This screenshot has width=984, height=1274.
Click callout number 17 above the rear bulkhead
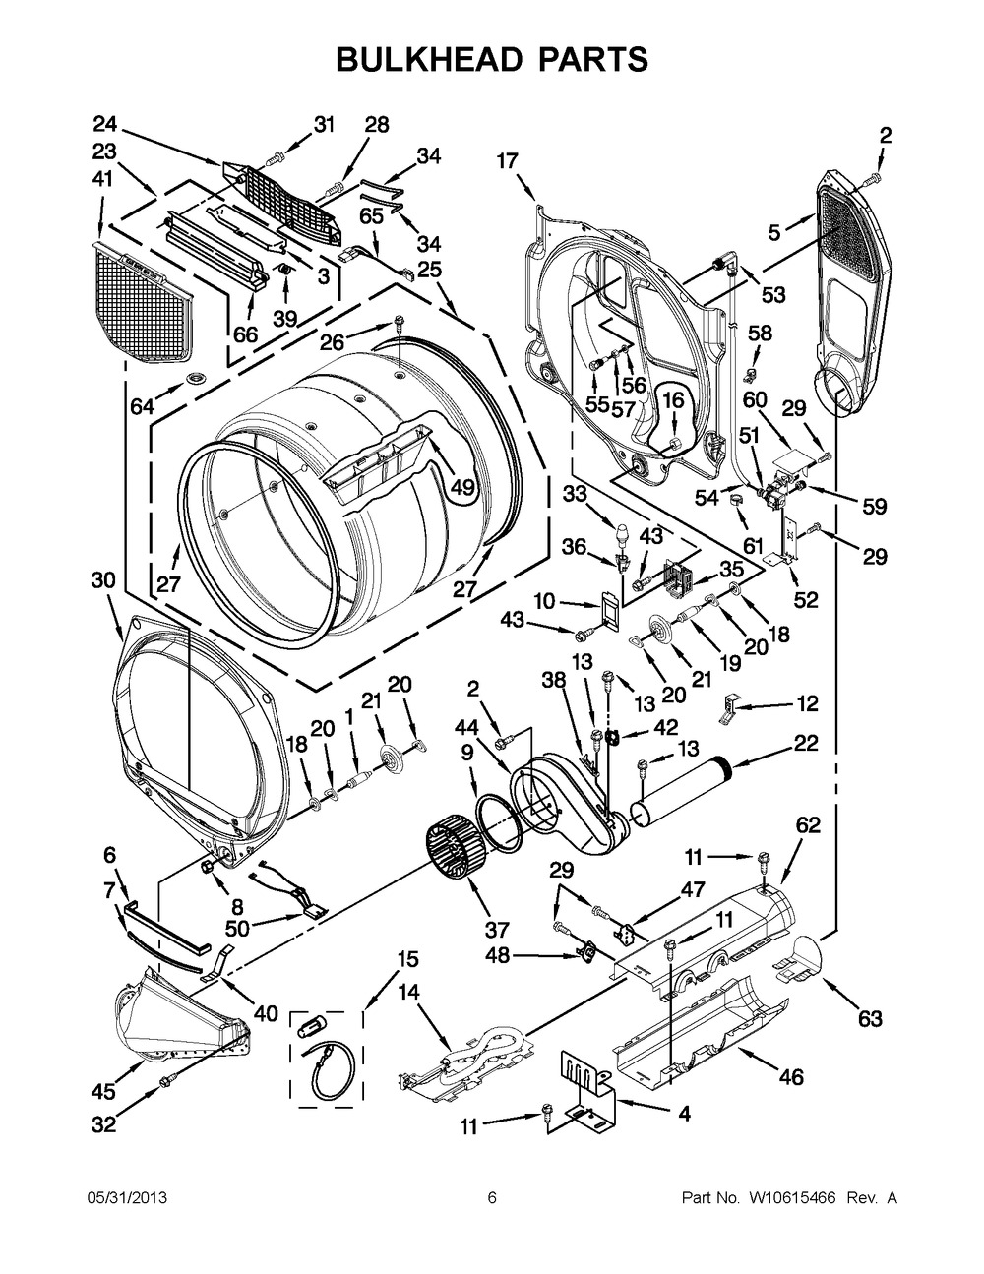point(507,160)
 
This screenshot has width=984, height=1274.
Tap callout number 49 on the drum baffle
point(462,486)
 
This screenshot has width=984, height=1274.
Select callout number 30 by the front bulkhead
point(103,580)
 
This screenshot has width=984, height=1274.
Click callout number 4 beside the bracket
point(683,1114)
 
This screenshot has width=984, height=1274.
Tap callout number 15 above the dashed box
point(407,959)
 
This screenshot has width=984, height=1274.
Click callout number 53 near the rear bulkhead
point(772,294)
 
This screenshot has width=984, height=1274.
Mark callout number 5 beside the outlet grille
point(774,233)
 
